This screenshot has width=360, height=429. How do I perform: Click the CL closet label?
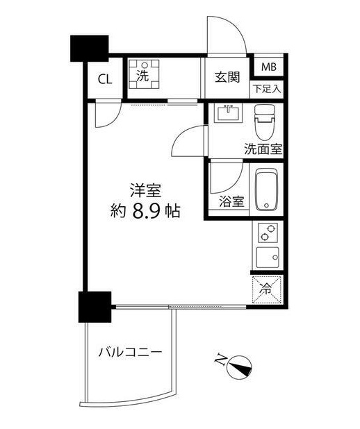[105, 78]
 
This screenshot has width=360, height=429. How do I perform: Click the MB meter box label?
[269, 67]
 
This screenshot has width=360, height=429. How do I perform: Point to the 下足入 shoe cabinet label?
[267, 90]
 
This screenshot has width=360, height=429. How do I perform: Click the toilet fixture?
[265, 123]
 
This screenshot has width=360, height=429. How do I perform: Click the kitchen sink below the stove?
[267, 258]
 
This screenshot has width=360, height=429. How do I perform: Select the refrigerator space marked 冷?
[267, 288]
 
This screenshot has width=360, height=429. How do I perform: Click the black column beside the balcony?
[95, 306]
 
